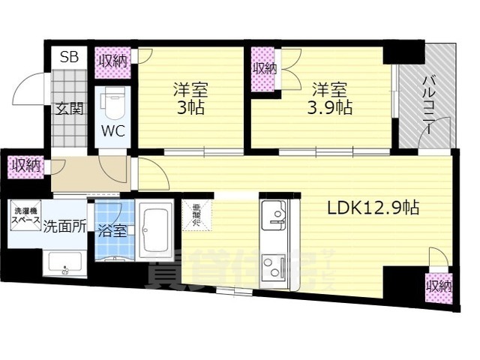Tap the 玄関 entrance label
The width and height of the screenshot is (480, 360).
(69, 108)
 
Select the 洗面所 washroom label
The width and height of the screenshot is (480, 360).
(63, 224)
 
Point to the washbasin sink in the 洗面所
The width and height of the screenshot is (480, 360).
(64, 263)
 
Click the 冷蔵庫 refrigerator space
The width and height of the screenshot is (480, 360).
(196, 216)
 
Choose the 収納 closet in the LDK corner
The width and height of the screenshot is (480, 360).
(439, 286)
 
